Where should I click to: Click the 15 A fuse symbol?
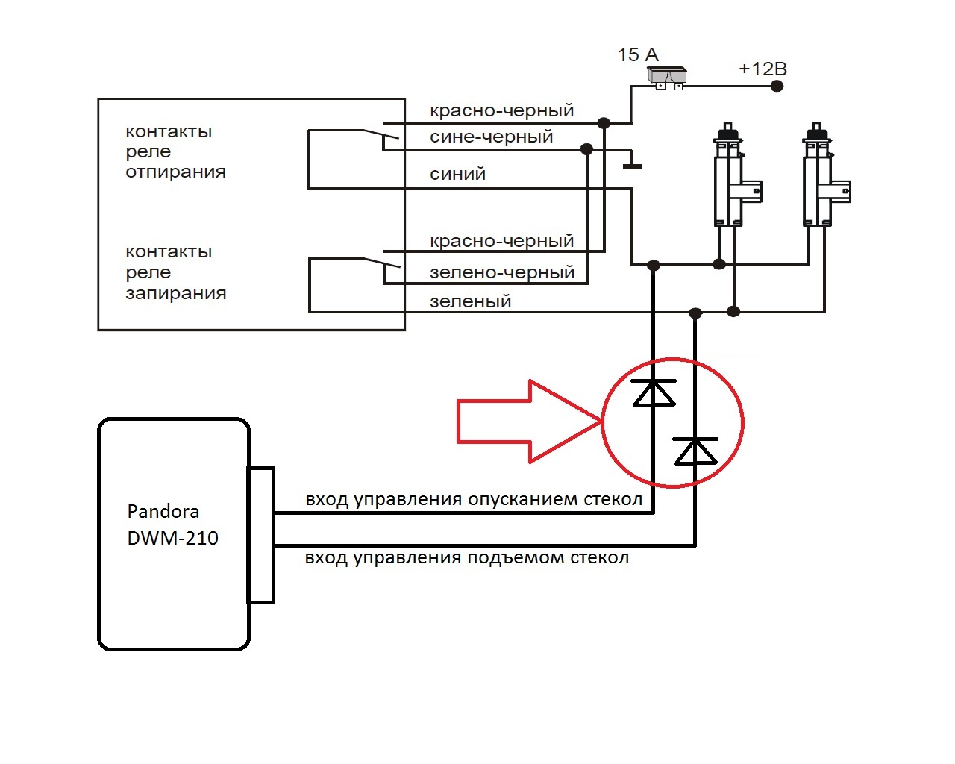666,77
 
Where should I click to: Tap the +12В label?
763,69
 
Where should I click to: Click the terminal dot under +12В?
777,86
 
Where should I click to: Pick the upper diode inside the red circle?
654,392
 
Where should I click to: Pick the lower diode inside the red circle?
695,451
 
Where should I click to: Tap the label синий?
457,174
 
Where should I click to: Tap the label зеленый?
470,301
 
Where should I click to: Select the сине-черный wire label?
491,137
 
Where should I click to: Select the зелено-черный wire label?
501,272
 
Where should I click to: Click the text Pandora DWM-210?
172,525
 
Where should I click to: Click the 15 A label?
638,54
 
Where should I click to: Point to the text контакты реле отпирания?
175,151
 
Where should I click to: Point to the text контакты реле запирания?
175,272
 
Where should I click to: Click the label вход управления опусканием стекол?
474,499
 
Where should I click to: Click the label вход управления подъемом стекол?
466,557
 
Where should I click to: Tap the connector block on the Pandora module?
261,535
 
